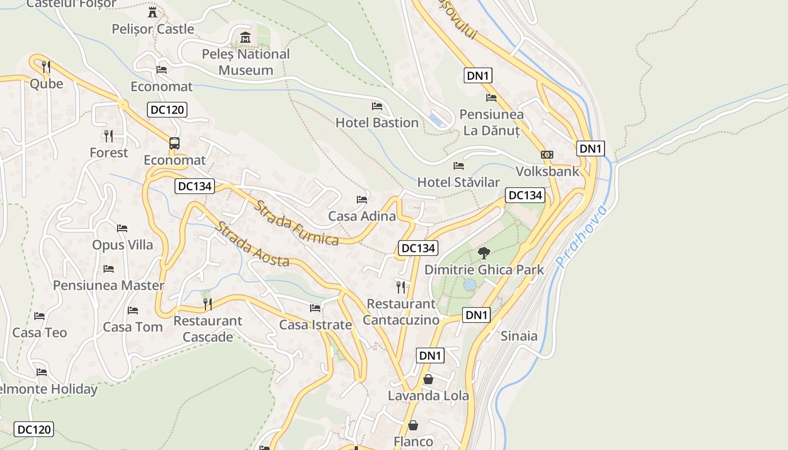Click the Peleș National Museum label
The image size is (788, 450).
pos(246,62)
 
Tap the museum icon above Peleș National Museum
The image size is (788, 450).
pos(245,38)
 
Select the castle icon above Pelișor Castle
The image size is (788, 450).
pos(152,12)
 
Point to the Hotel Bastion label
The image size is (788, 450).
pos(377,123)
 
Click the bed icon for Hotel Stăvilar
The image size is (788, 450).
pos(459,166)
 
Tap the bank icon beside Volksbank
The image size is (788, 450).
pos(547,155)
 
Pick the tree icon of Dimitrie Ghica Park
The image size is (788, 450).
pos(483,253)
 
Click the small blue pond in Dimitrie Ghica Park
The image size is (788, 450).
pos(469,285)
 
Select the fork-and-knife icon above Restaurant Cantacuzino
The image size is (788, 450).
pos(401,287)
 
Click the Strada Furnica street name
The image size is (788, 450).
pos(297,223)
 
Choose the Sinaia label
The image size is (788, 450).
pos(519,336)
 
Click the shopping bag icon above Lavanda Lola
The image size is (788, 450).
pos(428,379)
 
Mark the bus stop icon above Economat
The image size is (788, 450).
pos(174,143)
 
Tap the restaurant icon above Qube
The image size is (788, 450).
pos(46,67)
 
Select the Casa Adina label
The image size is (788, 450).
pos(362,216)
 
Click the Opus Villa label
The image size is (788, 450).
pos(122,245)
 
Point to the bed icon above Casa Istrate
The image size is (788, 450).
pos(315,308)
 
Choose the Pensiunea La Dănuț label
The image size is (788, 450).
pos(491,123)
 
